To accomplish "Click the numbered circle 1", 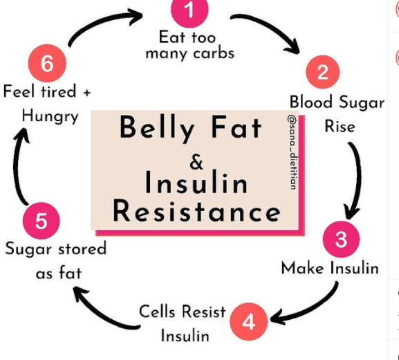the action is click(x=189, y=10).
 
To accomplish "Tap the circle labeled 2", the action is click(x=323, y=72).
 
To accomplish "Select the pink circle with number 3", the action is click(x=341, y=239).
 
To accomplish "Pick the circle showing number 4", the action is click(x=249, y=321).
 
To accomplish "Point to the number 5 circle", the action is click(x=41, y=221).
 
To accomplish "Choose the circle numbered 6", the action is click(x=47, y=63).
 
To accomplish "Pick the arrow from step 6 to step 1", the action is click(x=102, y=22).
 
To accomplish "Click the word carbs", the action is click(x=214, y=54).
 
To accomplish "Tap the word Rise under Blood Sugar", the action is click(x=340, y=127).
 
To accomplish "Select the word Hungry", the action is click(x=50, y=116).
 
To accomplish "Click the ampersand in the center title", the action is click(x=196, y=162).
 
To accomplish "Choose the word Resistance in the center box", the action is click(x=196, y=211).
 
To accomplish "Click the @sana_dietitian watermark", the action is click(x=292, y=152).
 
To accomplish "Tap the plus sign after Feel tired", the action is click(x=86, y=93).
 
